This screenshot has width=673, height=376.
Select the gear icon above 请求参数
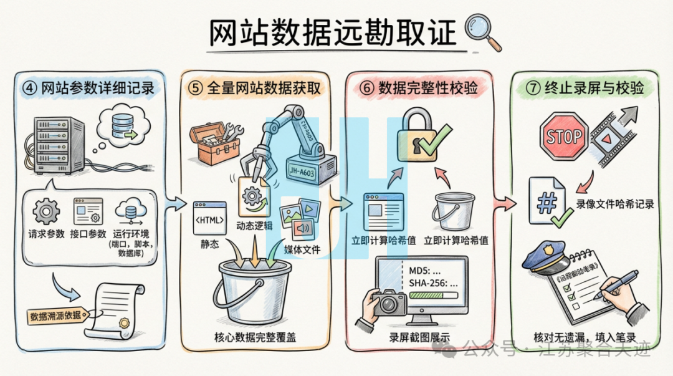[46, 212]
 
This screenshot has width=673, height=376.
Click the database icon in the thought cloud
[118, 125]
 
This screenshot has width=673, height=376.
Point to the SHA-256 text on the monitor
[431, 283]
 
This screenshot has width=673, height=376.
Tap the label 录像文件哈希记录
[614, 204]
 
